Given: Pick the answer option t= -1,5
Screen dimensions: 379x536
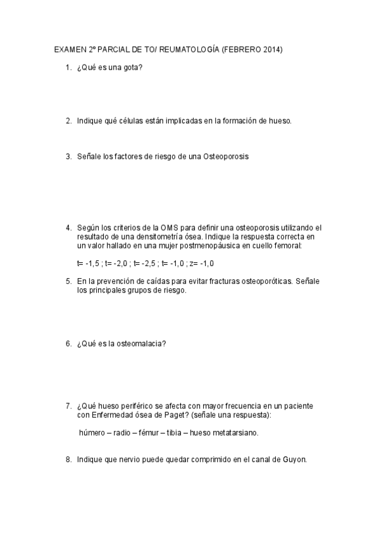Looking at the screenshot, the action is pos(88,263).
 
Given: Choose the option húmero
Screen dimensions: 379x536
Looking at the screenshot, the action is pos(92,433).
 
